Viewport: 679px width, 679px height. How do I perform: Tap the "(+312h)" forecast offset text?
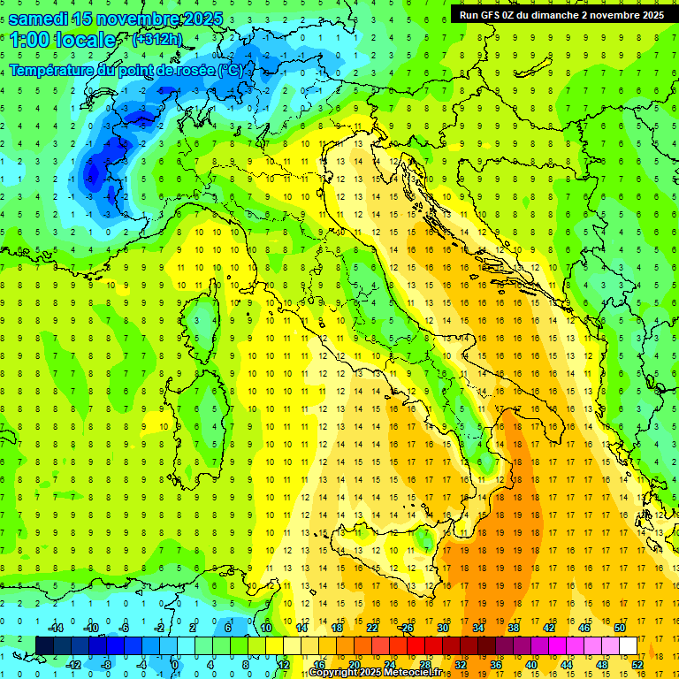158,39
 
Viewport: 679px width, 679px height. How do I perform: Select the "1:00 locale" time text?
62,40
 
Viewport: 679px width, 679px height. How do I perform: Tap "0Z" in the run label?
515,15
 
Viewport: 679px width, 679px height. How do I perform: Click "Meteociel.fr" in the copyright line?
410,673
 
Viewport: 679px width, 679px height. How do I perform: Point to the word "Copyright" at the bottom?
335,673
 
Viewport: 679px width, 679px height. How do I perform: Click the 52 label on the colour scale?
637,664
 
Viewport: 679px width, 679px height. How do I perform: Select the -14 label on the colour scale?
55,628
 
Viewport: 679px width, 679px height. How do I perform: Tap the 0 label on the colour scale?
174,664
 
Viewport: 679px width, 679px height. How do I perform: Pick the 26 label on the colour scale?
406,628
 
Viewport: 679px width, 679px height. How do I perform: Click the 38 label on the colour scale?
513,628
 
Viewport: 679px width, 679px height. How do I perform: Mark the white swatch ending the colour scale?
628,645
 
